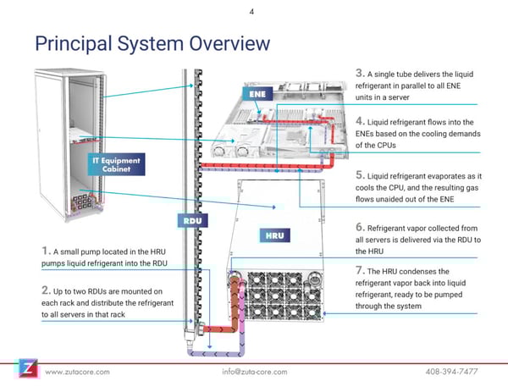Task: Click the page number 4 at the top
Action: pyautogui.click(x=253, y=12)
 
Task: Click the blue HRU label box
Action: pyautogui.click(x=274, y=234)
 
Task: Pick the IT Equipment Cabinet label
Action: pyautogui.click(x=118, y=163)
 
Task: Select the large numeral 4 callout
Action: pyautogui.click(x=360, y=120)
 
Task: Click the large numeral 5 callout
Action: pyautogui.click(x=360, y=175)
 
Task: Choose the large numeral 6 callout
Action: pyautogui.click(x=360, y=227)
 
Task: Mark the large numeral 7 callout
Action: pyautogui.click(x=360, y=271)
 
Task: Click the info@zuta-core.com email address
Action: pyautogui.click(x=252, y=372)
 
